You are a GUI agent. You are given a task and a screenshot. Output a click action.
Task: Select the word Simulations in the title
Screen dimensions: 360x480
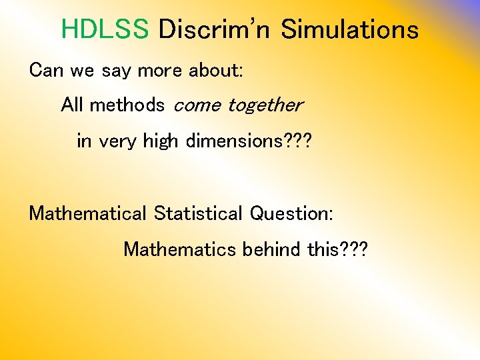(x=349, y=29)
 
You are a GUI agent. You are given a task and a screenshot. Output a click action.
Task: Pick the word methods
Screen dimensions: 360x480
(x=127, y=105)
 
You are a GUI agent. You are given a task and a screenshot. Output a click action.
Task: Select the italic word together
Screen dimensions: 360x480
(x=265, y=105)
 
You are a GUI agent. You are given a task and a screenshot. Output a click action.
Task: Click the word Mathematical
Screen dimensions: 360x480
(x=87, y=213)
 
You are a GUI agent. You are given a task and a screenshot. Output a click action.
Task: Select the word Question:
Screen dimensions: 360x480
(x=291, y=214)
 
